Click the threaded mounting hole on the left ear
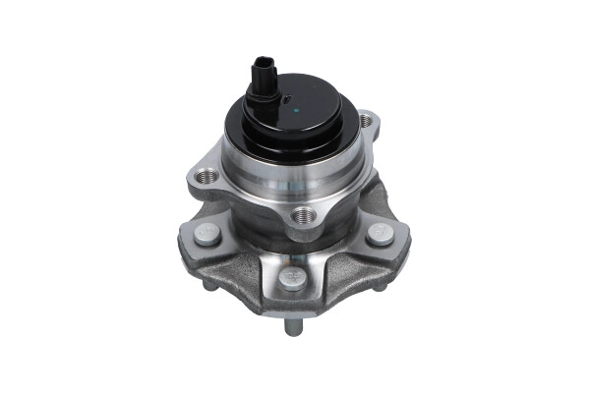pos(208,177)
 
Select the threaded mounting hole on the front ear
pos(301,216)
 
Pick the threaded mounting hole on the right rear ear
pos(367,122)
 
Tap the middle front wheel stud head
pos(290,279)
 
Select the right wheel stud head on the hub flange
pos(380,234)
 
